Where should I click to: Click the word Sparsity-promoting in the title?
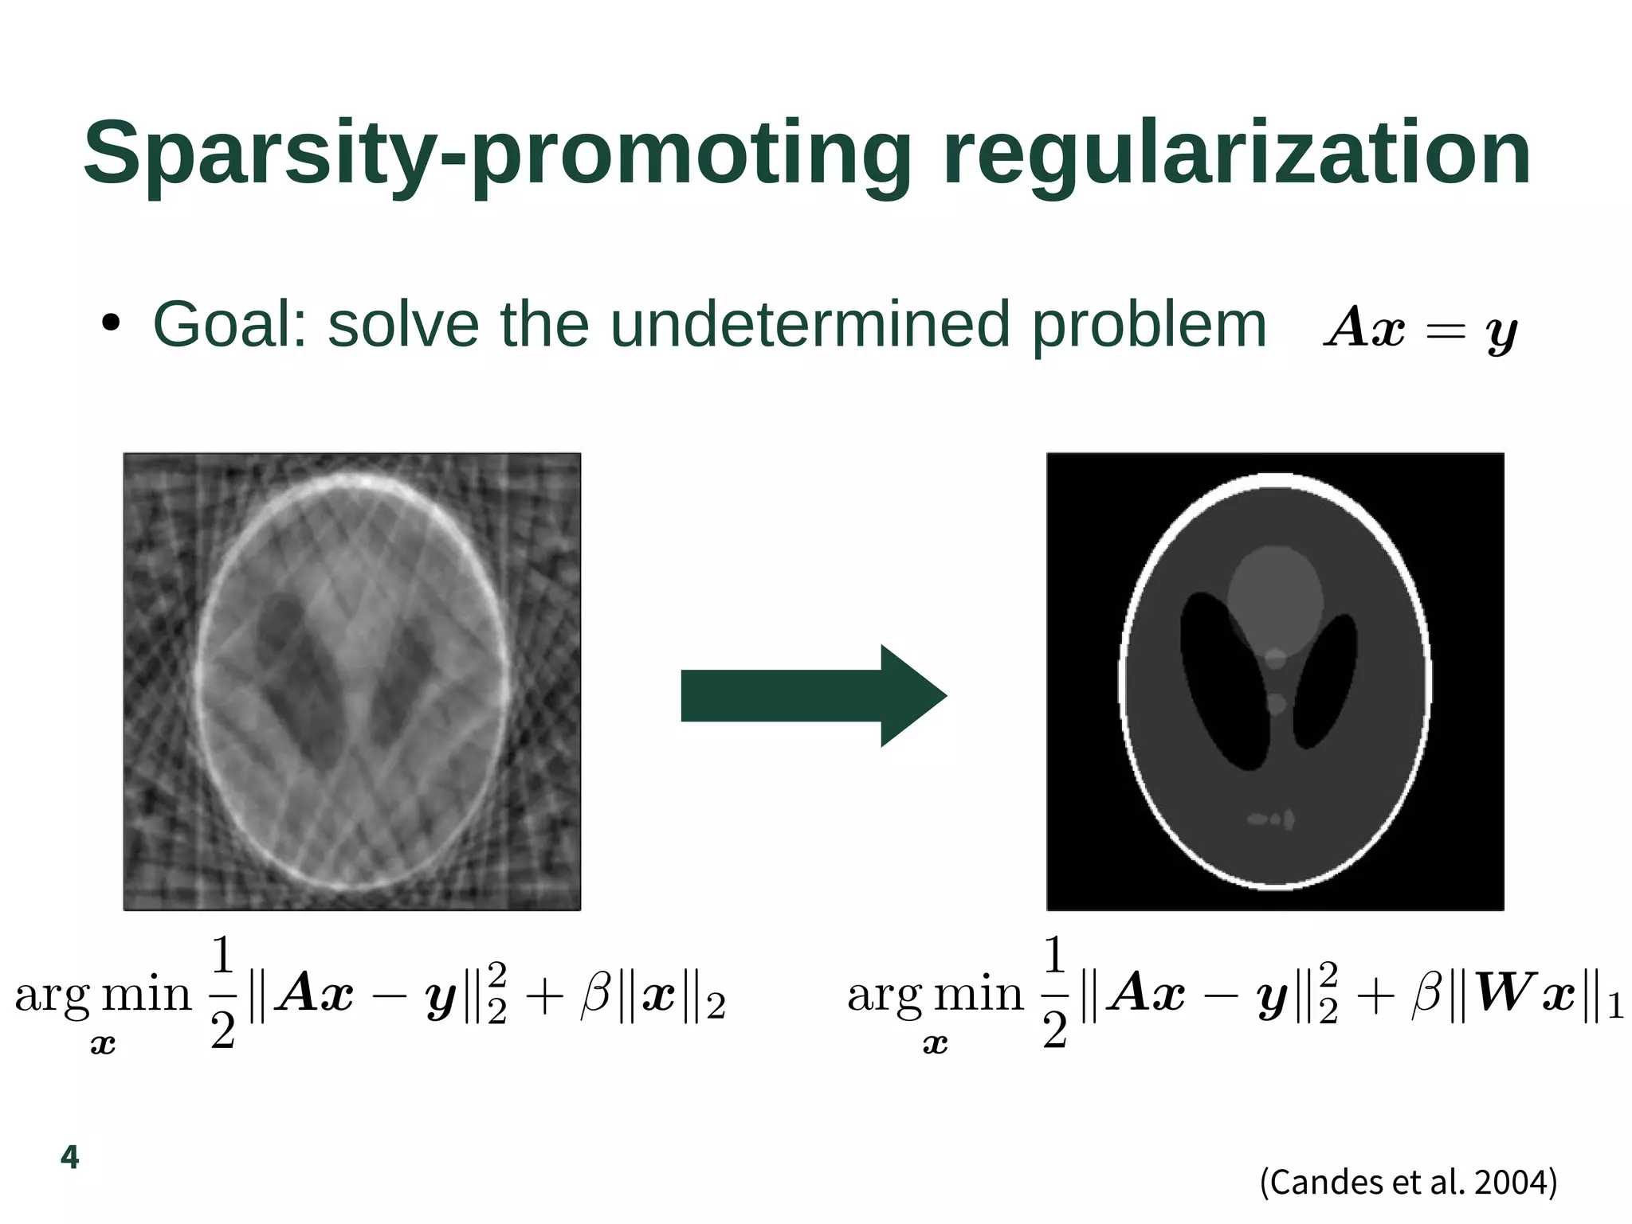[x=497, y=155]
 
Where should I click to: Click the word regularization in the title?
[x=1236, y=155]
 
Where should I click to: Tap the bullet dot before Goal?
[x=111, y=324]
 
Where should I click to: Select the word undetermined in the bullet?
[x=810, y=324]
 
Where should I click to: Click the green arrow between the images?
[x=813, y=696]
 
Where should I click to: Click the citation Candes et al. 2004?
[x=1408, y=1182]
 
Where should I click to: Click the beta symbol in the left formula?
[x=595, y=995]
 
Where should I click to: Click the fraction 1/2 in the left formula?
[x=223, y=992]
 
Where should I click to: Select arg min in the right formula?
[x=935, y=995]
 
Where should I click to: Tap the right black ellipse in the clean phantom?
[x=1325, y=681]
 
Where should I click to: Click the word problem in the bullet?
[x=1148, y=324]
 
